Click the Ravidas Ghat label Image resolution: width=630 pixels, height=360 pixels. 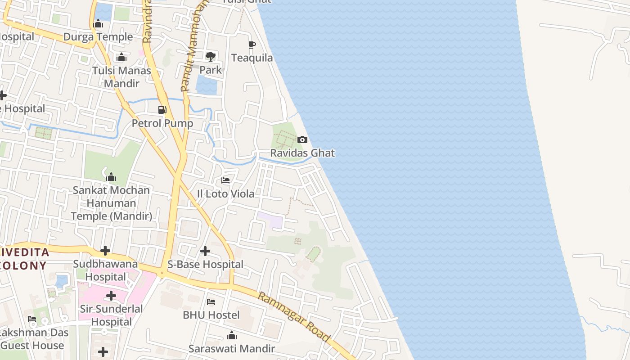[302, 153]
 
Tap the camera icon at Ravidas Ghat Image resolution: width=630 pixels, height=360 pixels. [302, 140]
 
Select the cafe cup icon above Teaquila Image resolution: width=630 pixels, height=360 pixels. [252, 45]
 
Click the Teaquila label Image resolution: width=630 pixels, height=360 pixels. [252, 58]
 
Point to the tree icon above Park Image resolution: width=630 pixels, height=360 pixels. [210, 57]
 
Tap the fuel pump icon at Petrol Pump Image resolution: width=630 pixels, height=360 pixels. [162, 110]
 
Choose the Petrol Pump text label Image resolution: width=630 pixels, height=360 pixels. [162, 123]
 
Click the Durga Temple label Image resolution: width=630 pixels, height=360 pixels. [98, 37]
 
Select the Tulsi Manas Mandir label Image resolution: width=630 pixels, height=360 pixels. [121, 77]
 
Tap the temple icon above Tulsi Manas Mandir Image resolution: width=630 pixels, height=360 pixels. [121, 58]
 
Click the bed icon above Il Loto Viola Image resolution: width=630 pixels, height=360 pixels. [225, 180]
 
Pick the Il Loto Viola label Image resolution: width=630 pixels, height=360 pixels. [225, 194]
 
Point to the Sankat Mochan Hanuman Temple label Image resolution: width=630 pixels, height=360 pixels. [111, 203]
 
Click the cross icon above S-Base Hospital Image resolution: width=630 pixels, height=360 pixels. [205, 251]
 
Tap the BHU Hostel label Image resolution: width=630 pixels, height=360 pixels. [211, 315]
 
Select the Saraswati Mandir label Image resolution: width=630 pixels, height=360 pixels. [231, 349]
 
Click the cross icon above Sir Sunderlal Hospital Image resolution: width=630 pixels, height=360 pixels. [111, 296]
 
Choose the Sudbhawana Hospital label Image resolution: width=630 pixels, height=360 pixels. [105, 270]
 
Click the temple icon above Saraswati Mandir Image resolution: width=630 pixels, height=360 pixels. [232, 336]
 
